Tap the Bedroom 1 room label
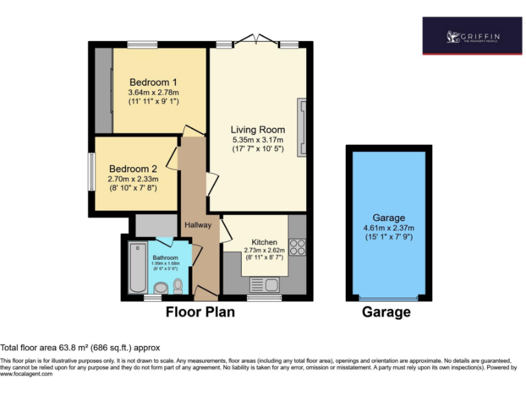click(x=153, y=82)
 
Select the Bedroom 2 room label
click(x=133, y=169)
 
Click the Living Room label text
click(x=258, y=130)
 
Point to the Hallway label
click(x=197, y=225)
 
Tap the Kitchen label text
click(x=264, y=242)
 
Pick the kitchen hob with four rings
click(x=297, y=247)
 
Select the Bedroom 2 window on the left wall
click(x=91, y=171)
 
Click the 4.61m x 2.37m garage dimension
click(x=388, y=228)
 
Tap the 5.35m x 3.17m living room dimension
click(x=258, y=140)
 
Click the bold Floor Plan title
click(x=200, y=313)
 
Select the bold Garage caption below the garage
click(x=386, y=313)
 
